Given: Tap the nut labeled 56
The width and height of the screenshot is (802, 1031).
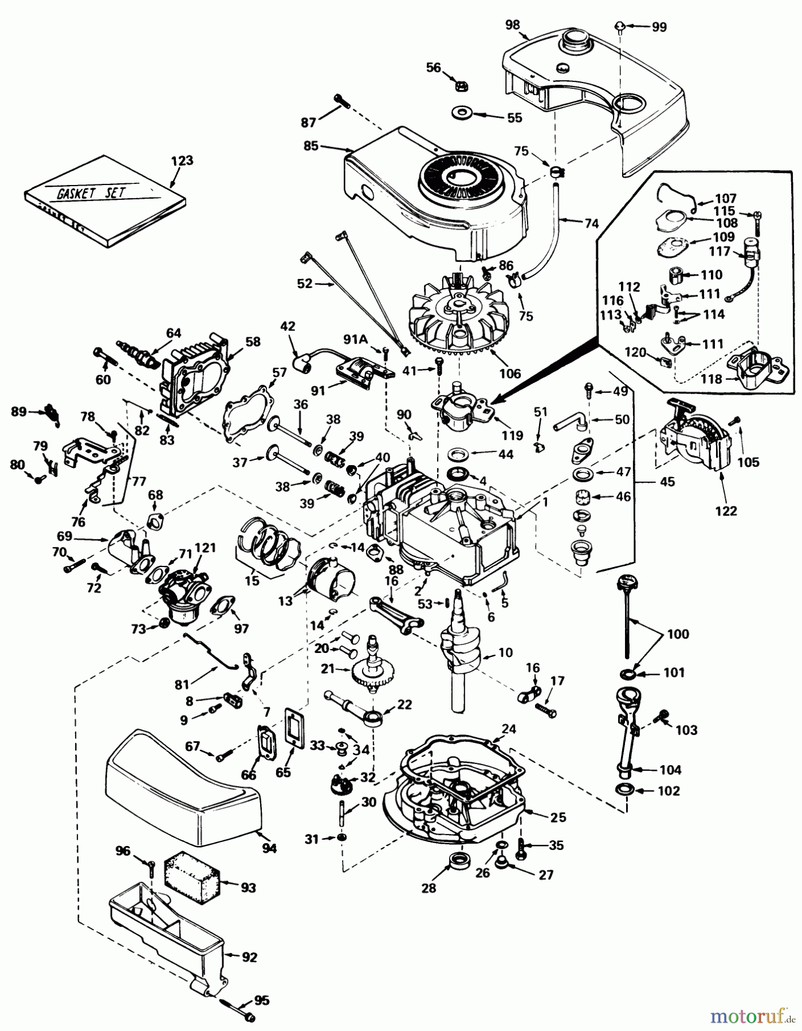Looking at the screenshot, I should pyautogui.click(x=460, y=86).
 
